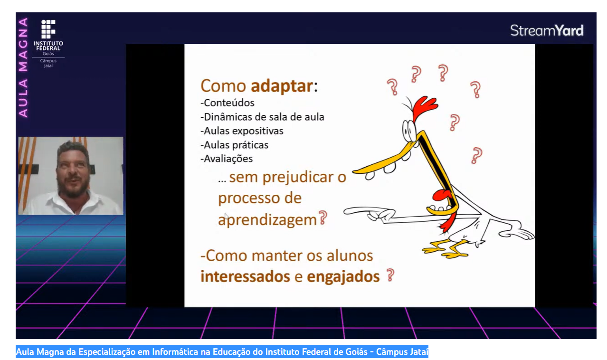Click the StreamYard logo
(547, 30)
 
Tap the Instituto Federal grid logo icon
(48, 29)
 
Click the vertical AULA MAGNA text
(23, 68)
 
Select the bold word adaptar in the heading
(282, 86)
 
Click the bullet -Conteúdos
(228, 103)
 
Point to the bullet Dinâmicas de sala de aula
(262, 117)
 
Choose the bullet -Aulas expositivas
(242, 131)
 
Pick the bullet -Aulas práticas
(235, 145)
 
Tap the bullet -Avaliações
(227, 159)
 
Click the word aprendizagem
(267, 220)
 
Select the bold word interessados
(245, 276)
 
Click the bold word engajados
(343, 277)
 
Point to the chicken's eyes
(409, 131)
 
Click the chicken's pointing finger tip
(345, 212)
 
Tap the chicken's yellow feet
(445, 248)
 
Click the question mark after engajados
(390, 275)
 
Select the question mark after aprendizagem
(323, 218)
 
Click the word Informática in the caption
(175, 352)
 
